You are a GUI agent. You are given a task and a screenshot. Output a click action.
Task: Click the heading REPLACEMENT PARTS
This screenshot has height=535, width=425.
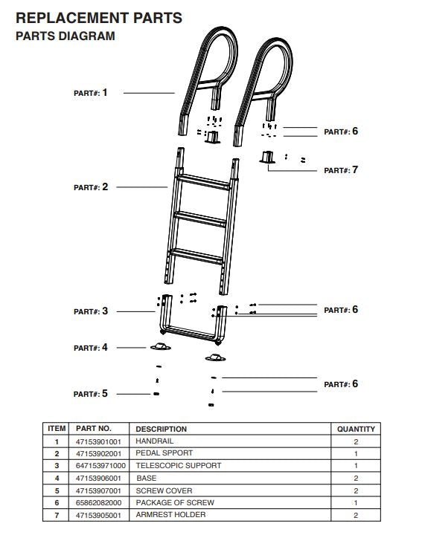(x=98, y=18)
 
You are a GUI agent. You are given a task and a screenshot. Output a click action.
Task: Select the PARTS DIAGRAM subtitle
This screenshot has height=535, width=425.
(x=65, y=36)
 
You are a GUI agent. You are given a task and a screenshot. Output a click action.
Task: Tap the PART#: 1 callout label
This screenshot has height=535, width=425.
(x=90, y=93)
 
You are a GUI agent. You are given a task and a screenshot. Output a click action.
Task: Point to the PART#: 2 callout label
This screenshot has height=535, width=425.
(x=90, y=187)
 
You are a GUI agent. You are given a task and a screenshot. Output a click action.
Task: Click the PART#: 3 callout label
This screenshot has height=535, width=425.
(x=90, y=311)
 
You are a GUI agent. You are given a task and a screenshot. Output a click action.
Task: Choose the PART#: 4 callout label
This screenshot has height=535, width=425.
(x=90, y=348)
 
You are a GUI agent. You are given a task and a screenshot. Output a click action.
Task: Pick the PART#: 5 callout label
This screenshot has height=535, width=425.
(x=90, y=394)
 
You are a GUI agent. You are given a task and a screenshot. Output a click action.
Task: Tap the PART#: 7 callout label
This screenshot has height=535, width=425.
(x=341, y=170)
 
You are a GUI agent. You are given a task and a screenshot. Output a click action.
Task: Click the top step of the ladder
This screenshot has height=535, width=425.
(x=202, y=184)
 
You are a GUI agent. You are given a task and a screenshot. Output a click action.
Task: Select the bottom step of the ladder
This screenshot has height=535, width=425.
(x=197, y=257)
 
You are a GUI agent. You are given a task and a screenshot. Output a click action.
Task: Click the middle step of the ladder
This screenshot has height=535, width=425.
(x=199, y=219)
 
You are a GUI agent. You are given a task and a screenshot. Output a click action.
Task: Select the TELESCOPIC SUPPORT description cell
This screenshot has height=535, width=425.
(x=178, y=466)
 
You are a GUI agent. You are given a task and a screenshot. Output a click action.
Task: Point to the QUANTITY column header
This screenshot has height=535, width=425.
(x=357, y=429)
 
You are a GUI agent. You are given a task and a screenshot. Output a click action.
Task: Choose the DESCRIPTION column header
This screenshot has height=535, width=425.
(x=161, y=429)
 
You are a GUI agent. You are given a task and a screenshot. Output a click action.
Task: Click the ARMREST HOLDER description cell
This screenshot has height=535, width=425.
(x=170, y=515)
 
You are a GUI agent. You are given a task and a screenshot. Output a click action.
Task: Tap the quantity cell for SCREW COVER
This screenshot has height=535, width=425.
(x=357, y=491)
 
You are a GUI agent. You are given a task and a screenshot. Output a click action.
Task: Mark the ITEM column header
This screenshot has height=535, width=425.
(x=57, y=429)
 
